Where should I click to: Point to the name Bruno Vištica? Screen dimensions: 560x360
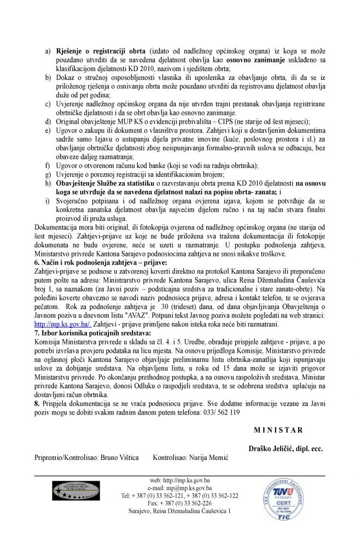119,456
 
